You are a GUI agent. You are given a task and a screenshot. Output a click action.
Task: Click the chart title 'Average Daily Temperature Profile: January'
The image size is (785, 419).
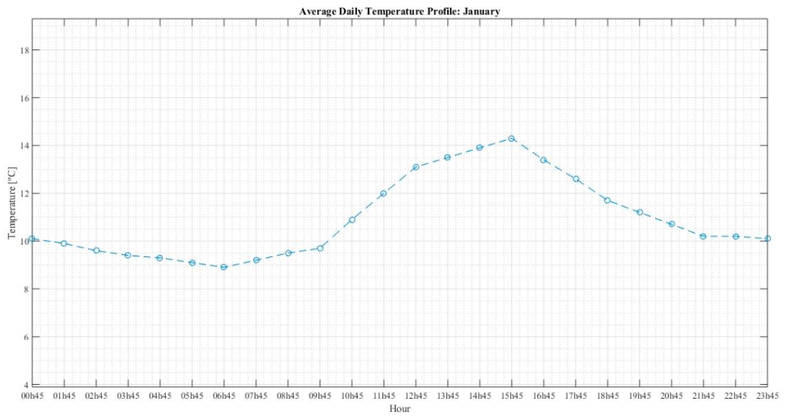399,11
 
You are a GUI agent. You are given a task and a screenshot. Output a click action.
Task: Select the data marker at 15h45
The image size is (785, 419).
511,138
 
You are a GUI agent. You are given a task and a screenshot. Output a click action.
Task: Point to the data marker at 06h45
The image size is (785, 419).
224,267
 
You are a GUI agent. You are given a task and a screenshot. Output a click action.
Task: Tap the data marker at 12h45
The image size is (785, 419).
416,167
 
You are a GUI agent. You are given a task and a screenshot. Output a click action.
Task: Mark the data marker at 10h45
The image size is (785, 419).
352,219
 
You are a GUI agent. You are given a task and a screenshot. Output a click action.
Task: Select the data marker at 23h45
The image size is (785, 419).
767,238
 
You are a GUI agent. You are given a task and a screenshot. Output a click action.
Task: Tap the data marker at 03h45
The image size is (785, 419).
128,255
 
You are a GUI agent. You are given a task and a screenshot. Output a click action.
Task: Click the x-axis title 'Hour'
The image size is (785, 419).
399,409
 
